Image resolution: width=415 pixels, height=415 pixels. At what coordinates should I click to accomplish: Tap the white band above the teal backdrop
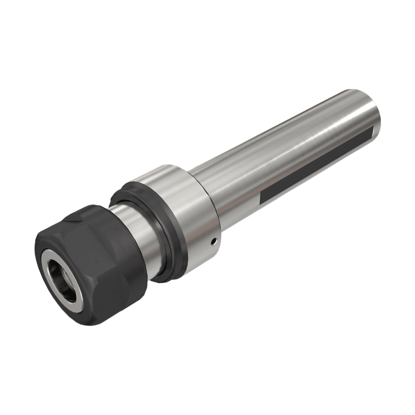tap(207, 39)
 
